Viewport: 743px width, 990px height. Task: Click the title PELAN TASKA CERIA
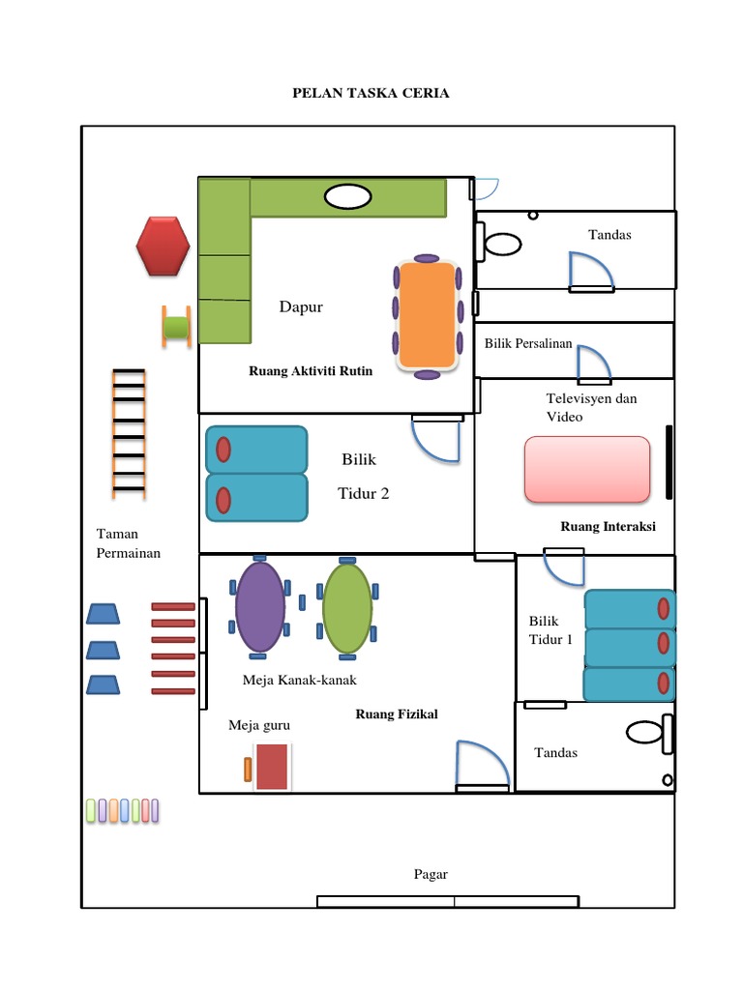click(371, 93)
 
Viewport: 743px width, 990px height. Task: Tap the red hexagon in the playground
click(163, 247)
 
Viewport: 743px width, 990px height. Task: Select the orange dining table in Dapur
click(427, 314)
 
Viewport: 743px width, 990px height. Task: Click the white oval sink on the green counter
click(347, 196)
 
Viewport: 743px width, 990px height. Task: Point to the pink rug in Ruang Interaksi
click(587, 469)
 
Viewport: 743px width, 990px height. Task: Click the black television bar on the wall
click(669, 462)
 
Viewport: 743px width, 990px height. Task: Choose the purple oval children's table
click(259, 607)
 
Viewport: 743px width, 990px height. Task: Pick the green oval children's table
click(347, 608)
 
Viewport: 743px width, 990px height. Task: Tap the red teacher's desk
click(272, 767)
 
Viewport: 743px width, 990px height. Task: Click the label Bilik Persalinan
click(528, 343)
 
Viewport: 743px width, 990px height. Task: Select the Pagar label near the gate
click(431, 874)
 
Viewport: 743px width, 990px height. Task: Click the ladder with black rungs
click(129, 433)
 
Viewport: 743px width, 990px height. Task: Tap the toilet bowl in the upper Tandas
click(503, 244)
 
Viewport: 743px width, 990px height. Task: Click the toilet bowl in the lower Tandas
click(645, 733)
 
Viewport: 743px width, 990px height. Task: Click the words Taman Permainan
click(129, 543)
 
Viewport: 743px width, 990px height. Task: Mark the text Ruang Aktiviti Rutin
click(311, 371)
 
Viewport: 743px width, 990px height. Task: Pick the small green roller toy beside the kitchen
click(176, 327)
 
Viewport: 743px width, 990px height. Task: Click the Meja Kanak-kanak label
click(300, 680)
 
